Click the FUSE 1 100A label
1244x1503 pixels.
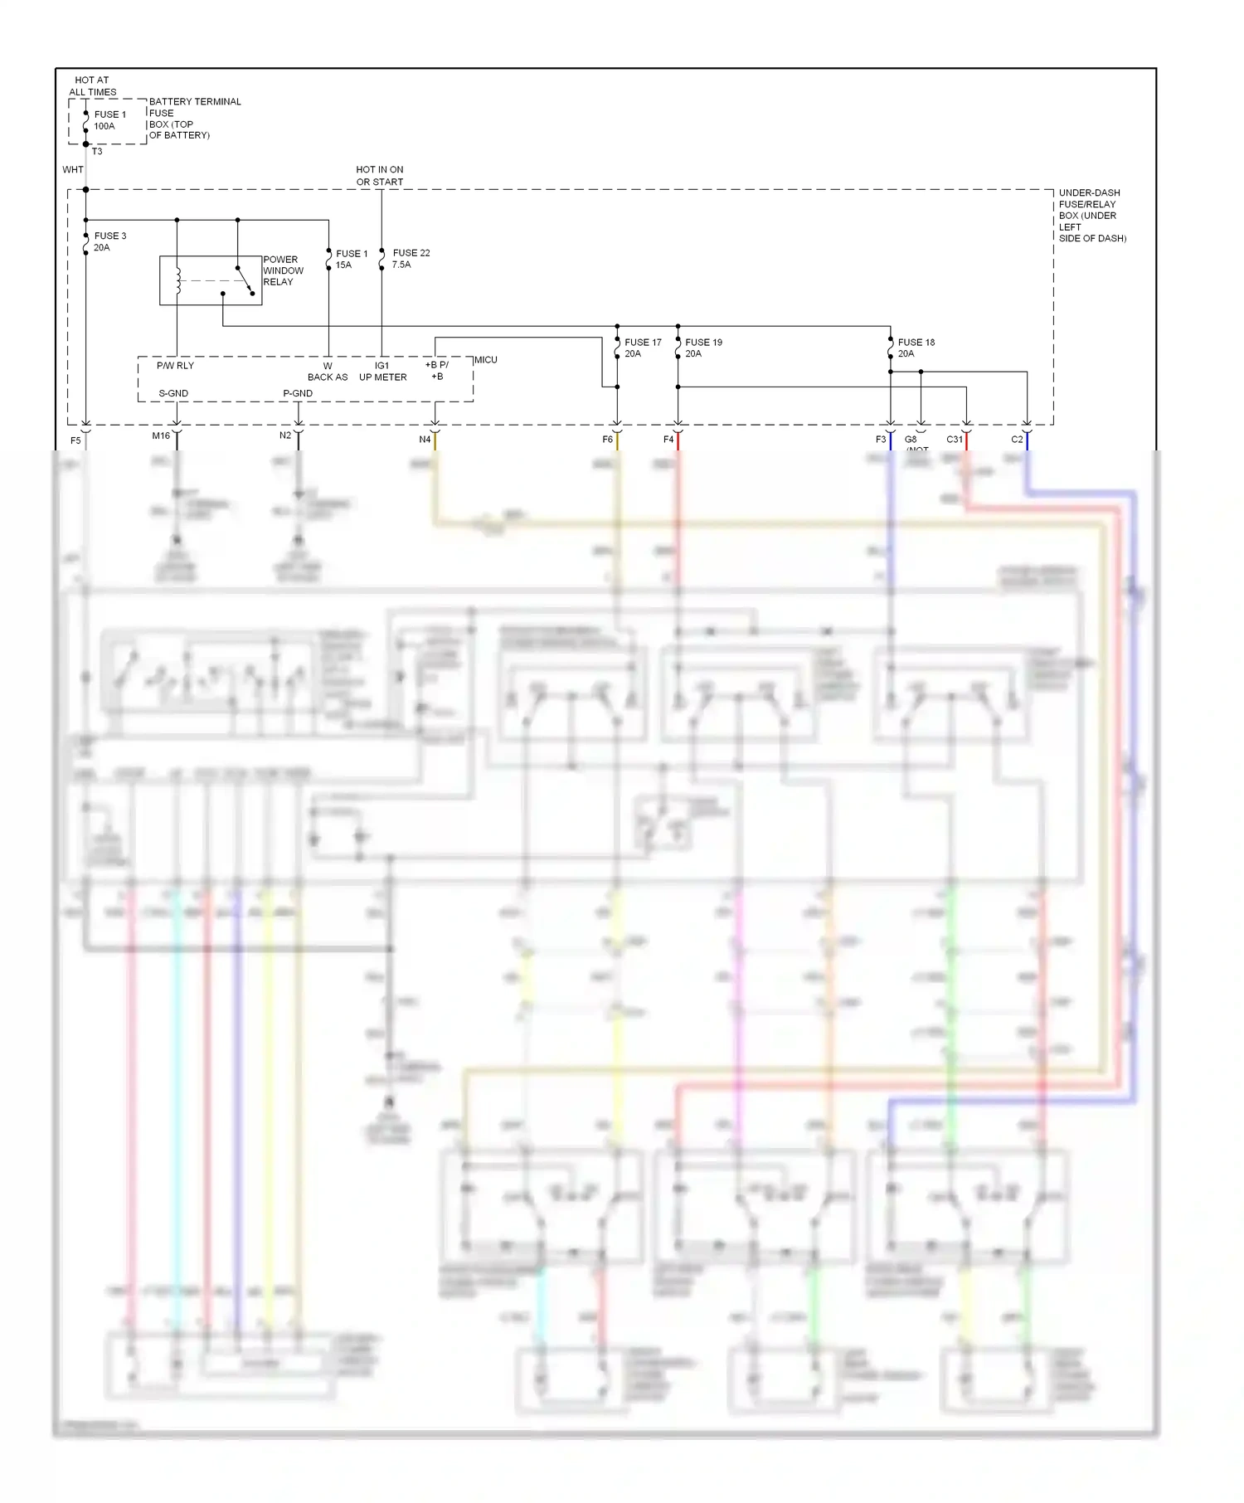(109, 120)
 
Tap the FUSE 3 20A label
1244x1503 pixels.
(109, 241)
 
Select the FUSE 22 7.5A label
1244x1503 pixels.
(411, 259)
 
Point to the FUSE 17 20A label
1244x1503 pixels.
(642, 348)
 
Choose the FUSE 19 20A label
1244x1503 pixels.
(703, 348)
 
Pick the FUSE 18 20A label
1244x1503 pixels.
(916, 348)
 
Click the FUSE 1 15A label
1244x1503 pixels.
(351, 259)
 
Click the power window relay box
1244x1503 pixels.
(211, 280)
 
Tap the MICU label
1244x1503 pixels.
(486, 360)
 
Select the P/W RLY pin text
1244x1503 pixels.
(175, 366)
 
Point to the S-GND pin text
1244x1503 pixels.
(173, 393)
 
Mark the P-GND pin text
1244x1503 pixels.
(298, 393)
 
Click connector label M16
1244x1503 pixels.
(161, 435)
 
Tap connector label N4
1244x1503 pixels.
(425, 440)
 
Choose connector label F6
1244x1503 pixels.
(607, 440)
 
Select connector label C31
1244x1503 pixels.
(955, 440)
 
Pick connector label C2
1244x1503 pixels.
(1017, 440)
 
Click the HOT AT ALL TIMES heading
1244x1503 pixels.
(92, 86)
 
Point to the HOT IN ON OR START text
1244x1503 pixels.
(380, 176)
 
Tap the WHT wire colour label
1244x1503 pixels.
(73, 170)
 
